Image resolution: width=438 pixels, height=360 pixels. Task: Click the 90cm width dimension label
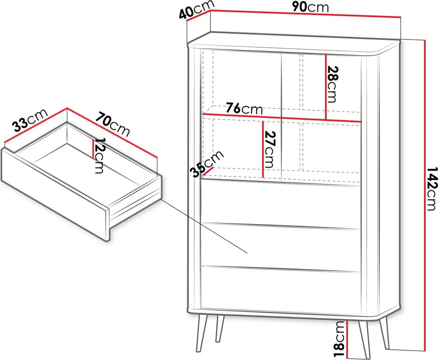(x=310, y=7)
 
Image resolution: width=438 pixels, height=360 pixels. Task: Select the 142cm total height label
(x=432, y=189)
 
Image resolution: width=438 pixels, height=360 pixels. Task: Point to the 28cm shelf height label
(x=332, y=84)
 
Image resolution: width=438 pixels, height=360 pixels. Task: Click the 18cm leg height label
(x=340, y=339)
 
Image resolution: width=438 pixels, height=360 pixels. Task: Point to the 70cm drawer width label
(x=113, y=125)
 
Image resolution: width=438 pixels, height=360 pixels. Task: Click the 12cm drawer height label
(x=99, y=156)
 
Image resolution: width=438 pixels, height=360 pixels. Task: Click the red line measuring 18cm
(x=347, y=339)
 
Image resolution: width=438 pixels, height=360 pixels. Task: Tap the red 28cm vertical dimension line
(x=325, y=87)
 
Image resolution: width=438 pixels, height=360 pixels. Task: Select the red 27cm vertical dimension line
(x=263, y=149)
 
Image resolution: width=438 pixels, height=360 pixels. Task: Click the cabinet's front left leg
(x=202, y=333)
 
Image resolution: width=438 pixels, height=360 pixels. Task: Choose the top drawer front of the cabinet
(x=281, y=204)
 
